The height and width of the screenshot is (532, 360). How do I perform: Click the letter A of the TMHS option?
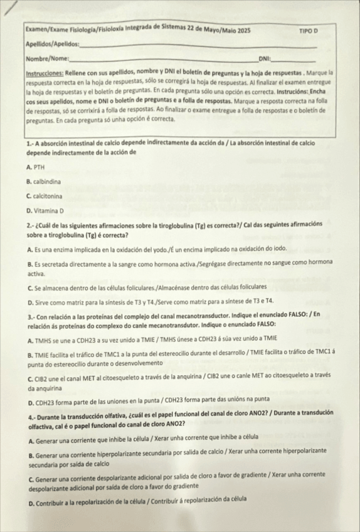click(29, 339)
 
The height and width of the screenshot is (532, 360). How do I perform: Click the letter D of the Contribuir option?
click(30, 500)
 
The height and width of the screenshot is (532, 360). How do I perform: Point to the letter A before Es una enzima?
click(29, 249)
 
